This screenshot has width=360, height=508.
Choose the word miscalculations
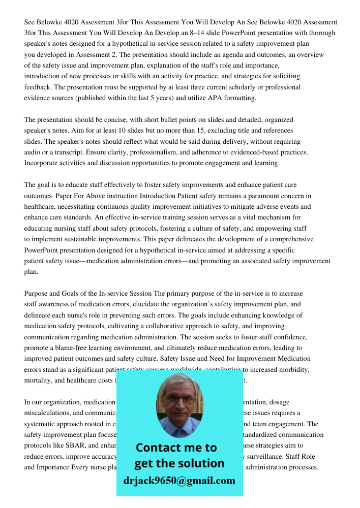[50, 413]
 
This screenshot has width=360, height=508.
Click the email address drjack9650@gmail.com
[179, 481]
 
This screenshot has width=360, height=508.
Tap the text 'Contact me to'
[176, 448]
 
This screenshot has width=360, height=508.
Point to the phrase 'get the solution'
[179, 463]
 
